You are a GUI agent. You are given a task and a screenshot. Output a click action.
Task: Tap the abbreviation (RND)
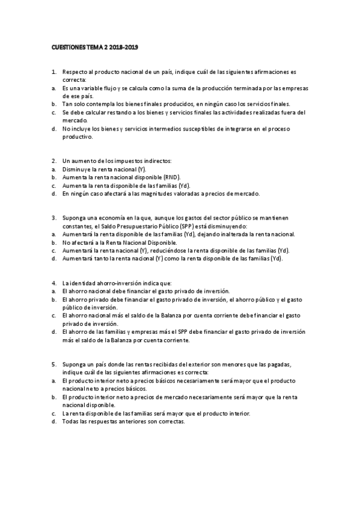point(169,177)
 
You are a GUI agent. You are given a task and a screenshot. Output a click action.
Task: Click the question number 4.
point(54,283)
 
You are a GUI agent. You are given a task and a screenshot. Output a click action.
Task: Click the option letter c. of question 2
point(54,186)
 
